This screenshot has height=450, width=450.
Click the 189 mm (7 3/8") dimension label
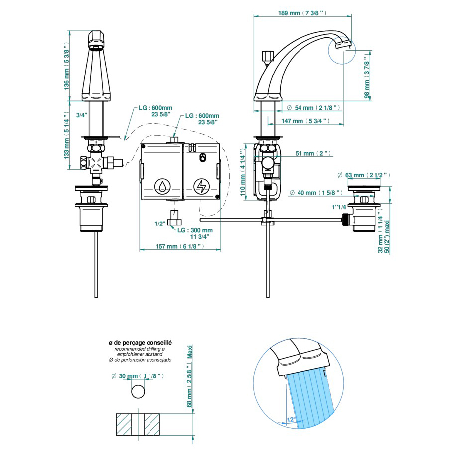(302, 13)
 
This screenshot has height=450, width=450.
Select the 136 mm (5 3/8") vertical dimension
(66, 66)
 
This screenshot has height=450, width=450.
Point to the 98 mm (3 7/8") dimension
(367, 77)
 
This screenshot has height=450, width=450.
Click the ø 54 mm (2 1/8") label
(314, 108)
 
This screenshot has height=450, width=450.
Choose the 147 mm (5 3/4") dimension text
(305, 121)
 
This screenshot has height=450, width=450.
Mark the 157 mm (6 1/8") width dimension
(180, 246)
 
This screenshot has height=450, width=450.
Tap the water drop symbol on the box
(162, 186)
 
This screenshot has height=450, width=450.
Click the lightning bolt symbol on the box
(202, 186)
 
